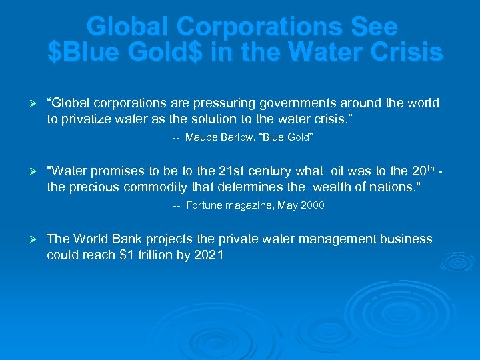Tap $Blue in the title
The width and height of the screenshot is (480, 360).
(x=87, y=52)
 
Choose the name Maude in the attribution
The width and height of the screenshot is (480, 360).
(x=201, y=137)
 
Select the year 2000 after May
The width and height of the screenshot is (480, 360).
(x=312, y=205)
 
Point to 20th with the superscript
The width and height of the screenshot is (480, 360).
(x=419, y=171)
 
